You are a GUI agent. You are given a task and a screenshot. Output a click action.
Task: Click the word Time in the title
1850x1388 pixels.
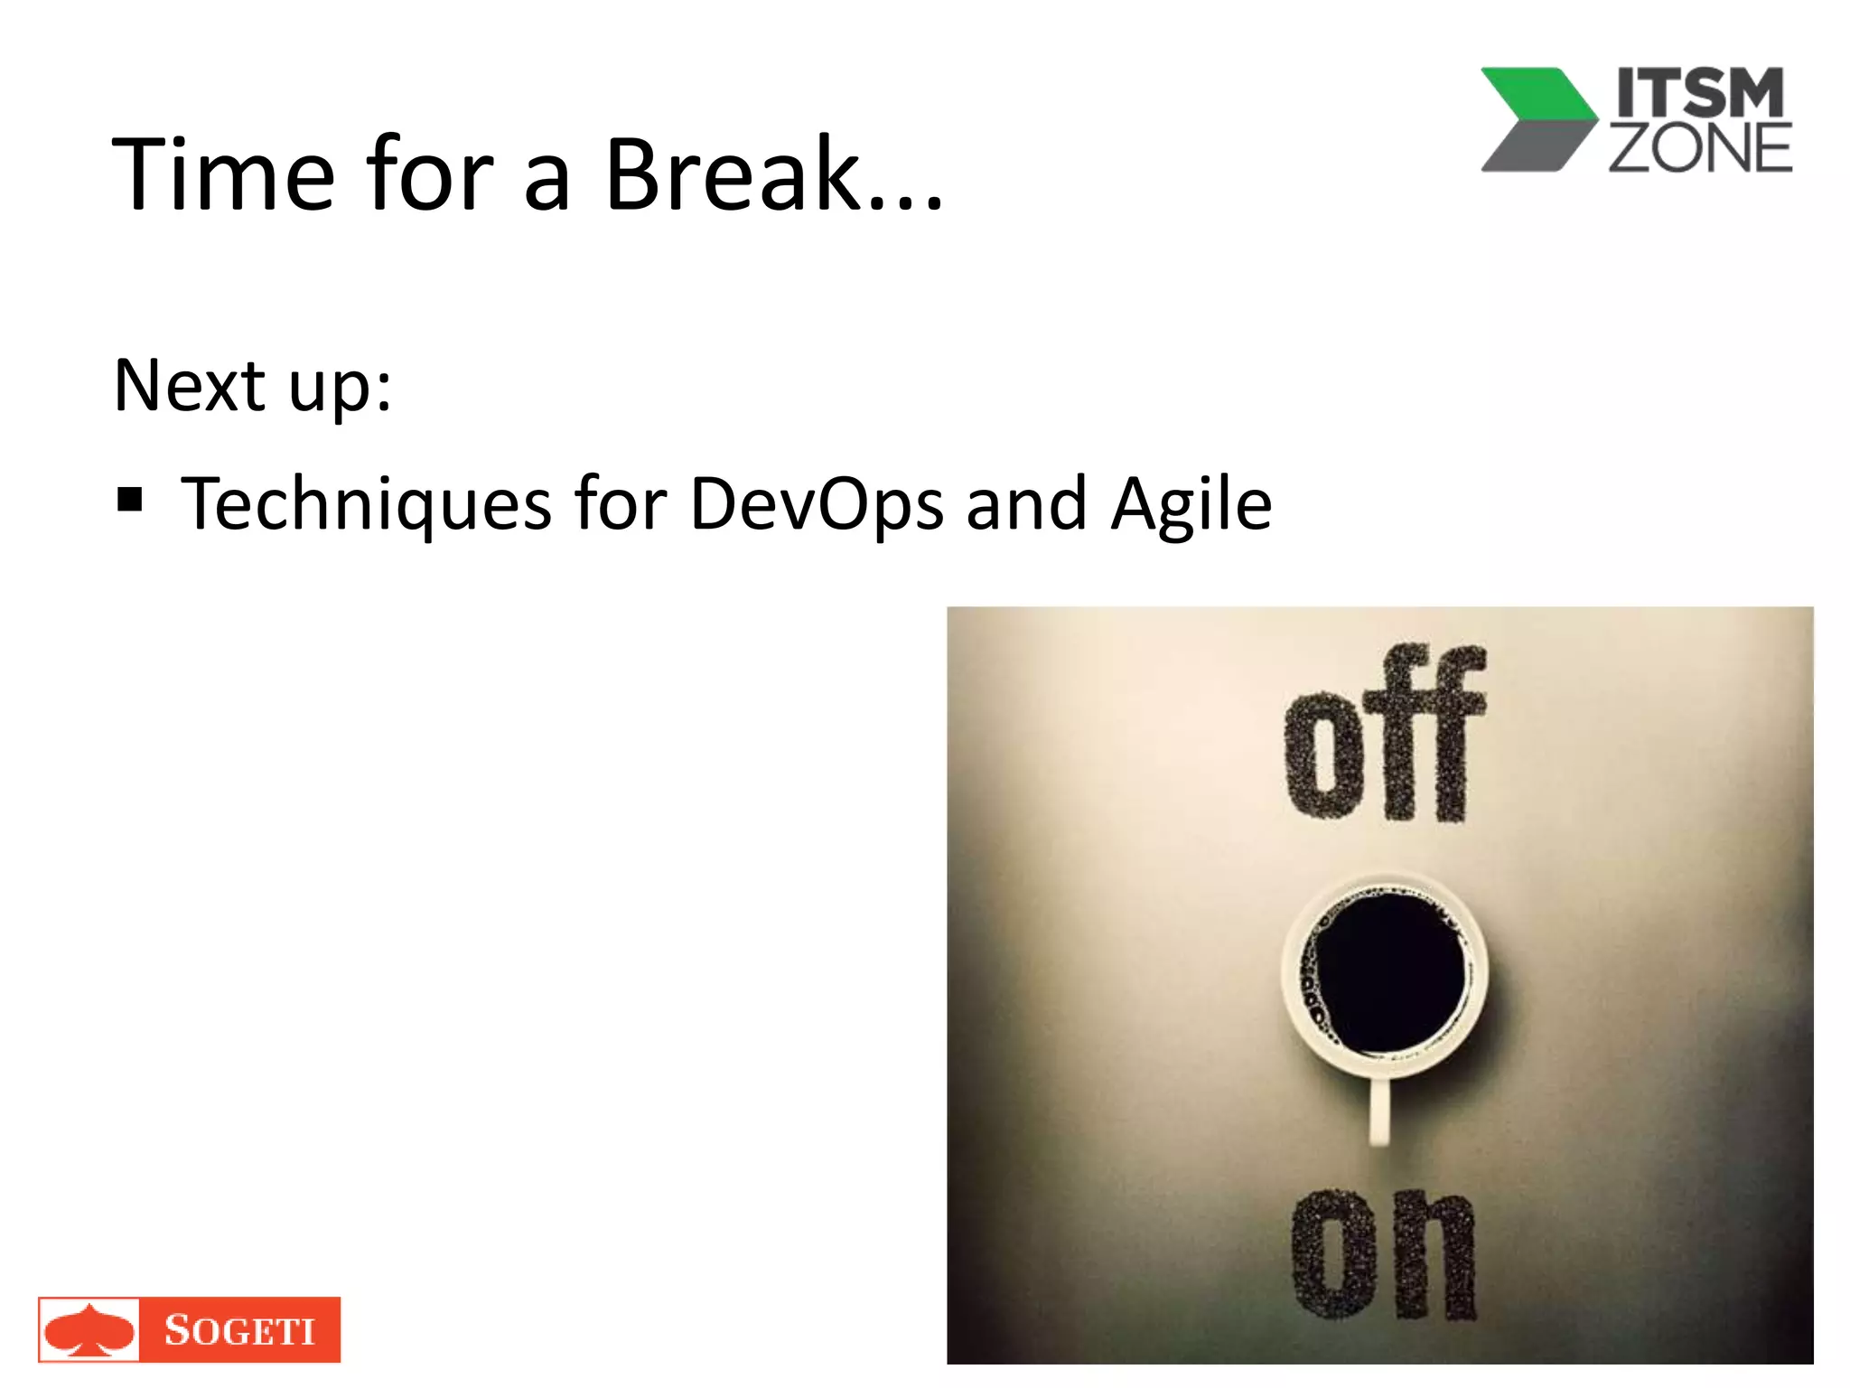point(223,174)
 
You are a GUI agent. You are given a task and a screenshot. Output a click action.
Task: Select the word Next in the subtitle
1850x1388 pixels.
point(189,386)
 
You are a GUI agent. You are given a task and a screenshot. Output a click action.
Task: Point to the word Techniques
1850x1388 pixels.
point(366,504)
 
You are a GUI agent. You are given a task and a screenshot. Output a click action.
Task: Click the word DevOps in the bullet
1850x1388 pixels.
point(816,504)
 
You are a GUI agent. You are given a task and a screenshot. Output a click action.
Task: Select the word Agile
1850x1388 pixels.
point(1191,504)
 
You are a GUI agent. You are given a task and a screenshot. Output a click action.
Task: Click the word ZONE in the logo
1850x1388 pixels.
point(1699,149)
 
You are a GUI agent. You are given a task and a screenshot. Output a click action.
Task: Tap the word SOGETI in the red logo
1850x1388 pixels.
point(239,1330)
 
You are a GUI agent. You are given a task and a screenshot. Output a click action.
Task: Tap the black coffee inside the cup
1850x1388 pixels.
point(1389,973)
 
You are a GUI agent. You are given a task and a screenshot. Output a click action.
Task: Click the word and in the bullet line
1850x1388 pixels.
point(1026,504)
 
